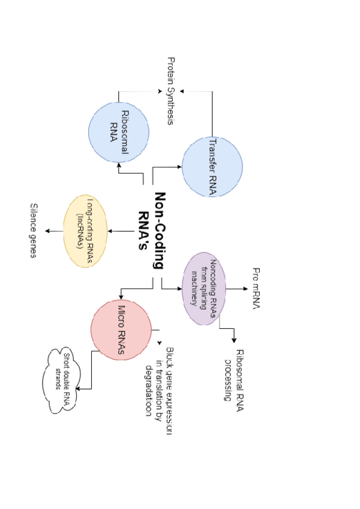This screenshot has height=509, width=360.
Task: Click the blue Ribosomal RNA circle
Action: click(119, 132)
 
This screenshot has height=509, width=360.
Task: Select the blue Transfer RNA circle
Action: click(212, 166)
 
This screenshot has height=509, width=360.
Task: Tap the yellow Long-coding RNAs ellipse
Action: click(86, 231)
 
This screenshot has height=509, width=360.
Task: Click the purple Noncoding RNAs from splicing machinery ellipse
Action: click(203, 289)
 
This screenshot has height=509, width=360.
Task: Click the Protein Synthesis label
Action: click(171, 91)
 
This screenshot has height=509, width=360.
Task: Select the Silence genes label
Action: click(34, 231)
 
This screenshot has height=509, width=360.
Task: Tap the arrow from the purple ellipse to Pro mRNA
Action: click(235, 289)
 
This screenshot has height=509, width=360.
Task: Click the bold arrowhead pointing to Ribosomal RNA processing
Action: click(235, 340)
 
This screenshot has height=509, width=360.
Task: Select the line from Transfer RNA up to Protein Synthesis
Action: click(212, 114)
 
